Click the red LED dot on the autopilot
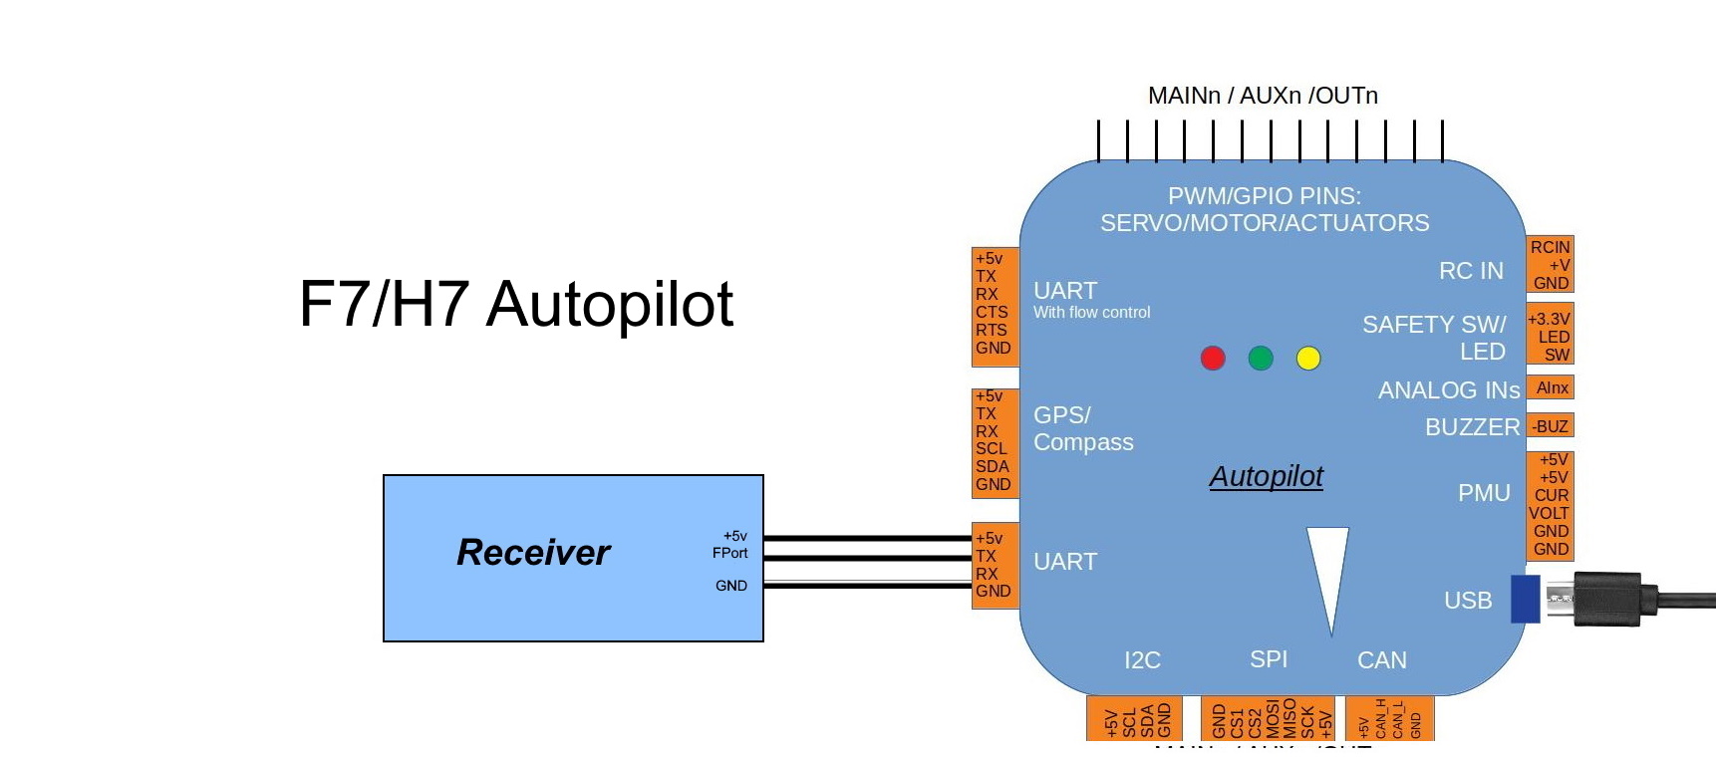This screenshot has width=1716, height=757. tap(1213, 359)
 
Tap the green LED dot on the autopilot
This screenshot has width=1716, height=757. tap(1261, 359)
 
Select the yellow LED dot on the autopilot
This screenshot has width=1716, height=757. tap(1308, 359)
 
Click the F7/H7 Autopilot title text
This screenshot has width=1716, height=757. tap(516, 304)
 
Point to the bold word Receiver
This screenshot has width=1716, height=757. tap(533, 552)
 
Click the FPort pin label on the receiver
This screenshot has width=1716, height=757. tap(729, 553)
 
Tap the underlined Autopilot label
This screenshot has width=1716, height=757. tap(1266, 476)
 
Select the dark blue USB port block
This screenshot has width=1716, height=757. tap(1525, 599)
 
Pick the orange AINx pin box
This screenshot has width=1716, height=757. tap(1552, 387)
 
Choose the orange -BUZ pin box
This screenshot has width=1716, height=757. tap(1551, 426)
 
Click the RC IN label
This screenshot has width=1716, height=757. tap(1471, 271)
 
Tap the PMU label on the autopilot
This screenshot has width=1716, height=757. tap(1484, 493)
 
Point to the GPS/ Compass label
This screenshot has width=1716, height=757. tap(1082, 428)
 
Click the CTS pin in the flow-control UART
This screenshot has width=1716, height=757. tap(992, 312)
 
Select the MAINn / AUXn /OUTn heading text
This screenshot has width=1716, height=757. tap(1263, 96)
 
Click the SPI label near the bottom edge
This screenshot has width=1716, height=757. tap(1269, 659)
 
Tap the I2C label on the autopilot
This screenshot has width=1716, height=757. tap(1142, 660)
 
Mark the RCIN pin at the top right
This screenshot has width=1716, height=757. tap(1550, 247)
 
